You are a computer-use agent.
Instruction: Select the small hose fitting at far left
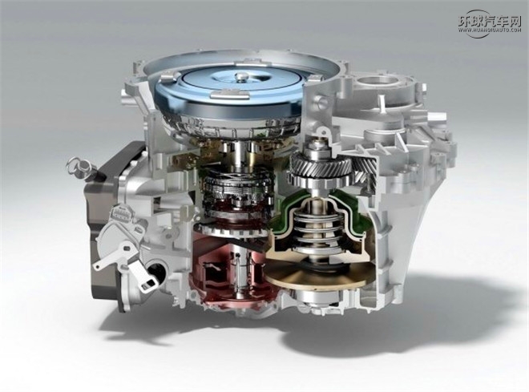tap(77, 166)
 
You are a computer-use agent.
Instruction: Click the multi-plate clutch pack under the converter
tap(228, 192)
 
